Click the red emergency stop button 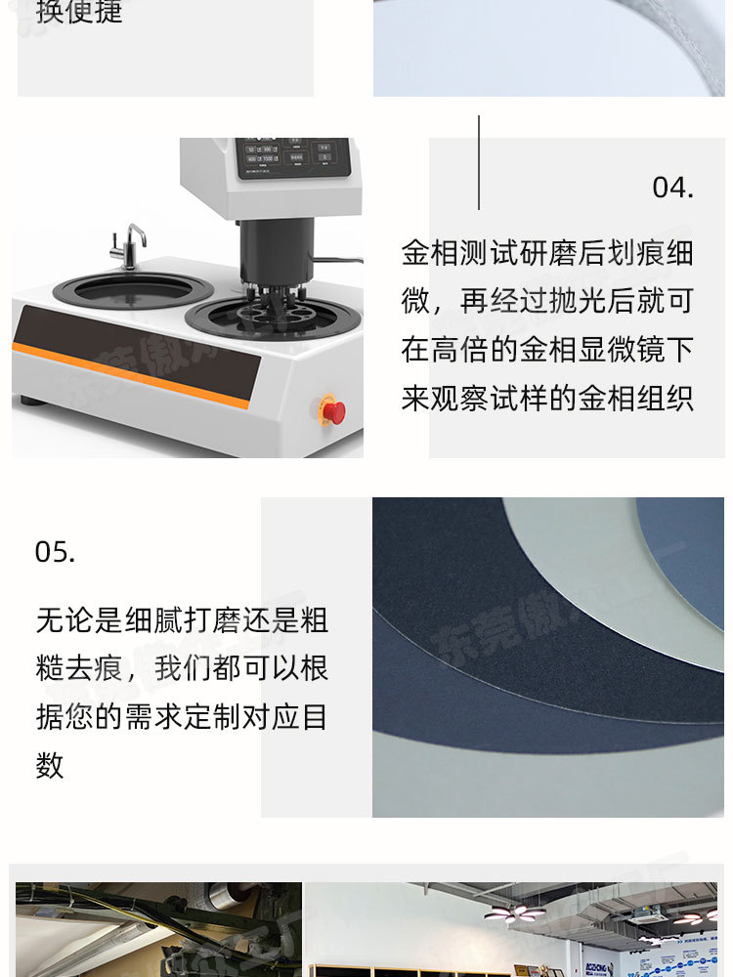click(333, 412)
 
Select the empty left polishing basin click(133, 290)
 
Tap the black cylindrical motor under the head click(278, 250)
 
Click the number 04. click(672, 187)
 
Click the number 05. click(55, 552)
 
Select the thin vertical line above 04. click(479, 162)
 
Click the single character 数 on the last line click(50, 766)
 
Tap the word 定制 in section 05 click(215, 717)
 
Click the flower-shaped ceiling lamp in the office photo click(515, 912)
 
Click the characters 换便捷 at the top click(79, 13)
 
